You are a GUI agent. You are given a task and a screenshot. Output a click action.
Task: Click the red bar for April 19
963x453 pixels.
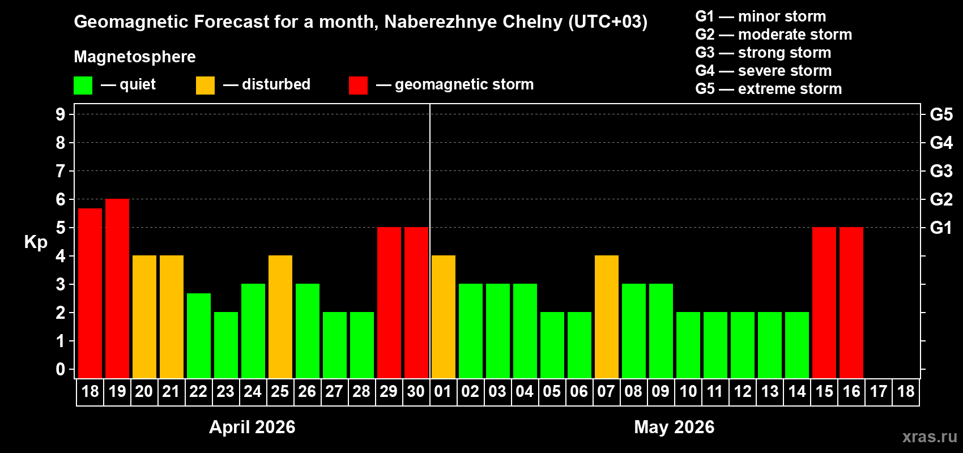(117, 289)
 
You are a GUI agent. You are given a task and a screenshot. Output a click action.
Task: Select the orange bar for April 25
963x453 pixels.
(280, 317)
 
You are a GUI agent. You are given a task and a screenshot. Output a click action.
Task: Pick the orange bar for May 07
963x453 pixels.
(607, 317)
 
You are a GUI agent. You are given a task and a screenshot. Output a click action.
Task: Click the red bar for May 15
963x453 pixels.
(824, 303)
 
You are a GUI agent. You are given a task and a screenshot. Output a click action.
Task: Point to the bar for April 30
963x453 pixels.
(416, 303)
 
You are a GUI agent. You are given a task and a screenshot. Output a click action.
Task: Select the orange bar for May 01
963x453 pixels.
(444, 317)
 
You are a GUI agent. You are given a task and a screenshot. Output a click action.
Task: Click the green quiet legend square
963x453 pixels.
(83, 86)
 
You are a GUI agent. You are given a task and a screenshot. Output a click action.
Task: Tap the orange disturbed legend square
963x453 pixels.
(205, 86)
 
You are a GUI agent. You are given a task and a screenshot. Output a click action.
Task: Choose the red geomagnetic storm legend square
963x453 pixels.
(358, 86)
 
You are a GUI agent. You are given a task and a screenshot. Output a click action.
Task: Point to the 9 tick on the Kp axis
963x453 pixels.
(61, 114)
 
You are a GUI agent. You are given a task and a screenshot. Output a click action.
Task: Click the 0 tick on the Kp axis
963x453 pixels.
(61, 369)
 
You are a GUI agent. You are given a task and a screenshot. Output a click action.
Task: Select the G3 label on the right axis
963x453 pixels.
(941, 171)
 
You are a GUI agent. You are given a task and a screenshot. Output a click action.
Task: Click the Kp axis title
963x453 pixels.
(36, 242)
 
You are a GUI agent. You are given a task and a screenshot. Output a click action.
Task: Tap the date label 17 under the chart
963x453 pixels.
(879, 392)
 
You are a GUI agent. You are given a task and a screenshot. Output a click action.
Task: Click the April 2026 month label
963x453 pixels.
(252, 427)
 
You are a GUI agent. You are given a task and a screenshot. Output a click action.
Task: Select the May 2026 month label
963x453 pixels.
(674, 427)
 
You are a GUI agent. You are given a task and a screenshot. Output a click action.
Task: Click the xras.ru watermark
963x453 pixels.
(930, 437)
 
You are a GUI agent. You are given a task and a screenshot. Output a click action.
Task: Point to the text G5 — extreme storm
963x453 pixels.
(768, 89)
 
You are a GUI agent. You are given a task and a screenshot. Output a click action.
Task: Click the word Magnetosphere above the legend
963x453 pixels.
(135, 57)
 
